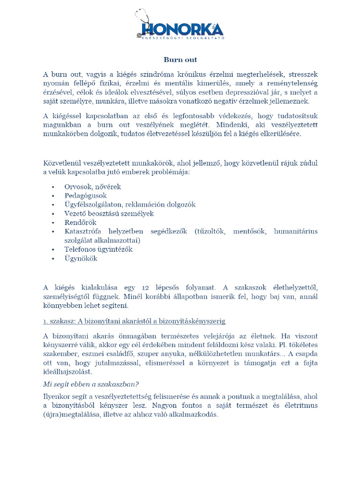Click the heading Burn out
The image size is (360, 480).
pos(180,60)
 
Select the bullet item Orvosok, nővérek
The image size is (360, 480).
pos(92,187)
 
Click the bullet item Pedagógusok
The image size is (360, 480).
pos(85,195)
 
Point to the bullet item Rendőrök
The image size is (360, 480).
pos(80,222)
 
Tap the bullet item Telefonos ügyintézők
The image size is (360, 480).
pos(98,249)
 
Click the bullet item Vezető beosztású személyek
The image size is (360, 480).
pos(109,213)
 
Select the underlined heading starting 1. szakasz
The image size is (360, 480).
pos(134,321)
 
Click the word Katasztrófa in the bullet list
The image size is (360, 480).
pos(84,231)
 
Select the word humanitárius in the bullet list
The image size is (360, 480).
pos(295,231)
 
